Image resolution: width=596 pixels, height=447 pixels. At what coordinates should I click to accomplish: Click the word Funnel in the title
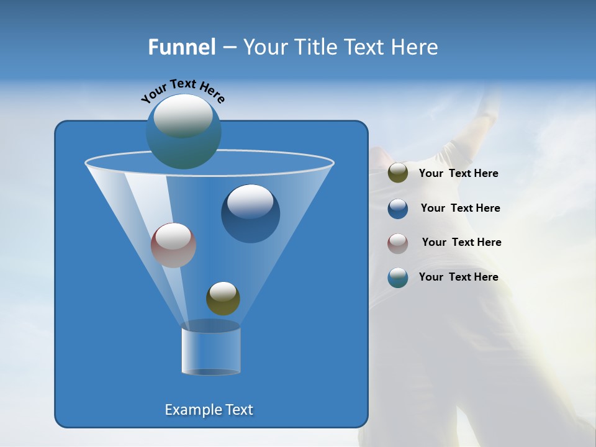(x=182, y=47)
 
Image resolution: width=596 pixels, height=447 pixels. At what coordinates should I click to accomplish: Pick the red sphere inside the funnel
(x=174, y=246)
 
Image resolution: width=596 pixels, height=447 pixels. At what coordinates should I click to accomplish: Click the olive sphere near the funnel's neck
(x=223, y=299)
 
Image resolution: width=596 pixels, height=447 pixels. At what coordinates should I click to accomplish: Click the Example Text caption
(x=209, y=410)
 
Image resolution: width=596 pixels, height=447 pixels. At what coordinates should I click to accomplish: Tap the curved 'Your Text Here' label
(x=183, y=91)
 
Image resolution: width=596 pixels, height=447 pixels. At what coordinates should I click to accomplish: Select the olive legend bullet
(x=398, y=173)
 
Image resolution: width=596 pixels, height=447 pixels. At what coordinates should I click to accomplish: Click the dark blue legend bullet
(x=398, y=209)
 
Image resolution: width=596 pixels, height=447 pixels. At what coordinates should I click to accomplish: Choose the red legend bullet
(x=398, y=243)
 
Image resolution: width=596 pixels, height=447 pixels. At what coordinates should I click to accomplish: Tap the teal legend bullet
(x=398, y=278)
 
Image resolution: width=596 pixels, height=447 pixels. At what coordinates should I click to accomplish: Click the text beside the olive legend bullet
(x=458, y=173)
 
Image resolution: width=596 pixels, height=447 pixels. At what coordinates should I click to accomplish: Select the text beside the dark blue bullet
(x=460, y=208)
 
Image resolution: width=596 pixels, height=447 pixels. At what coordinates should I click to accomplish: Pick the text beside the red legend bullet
(x=461, y=242)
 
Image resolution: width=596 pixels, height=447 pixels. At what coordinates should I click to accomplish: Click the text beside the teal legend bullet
(x=458, y=277)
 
